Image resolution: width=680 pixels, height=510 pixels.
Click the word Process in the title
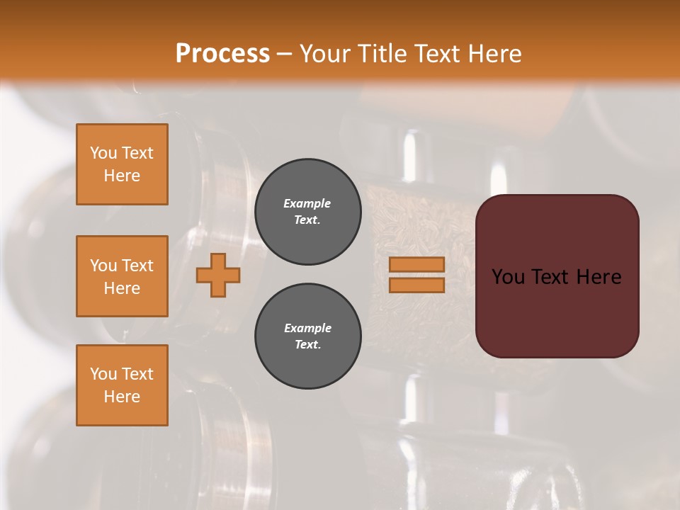pyautogui.click(x=222, y=54)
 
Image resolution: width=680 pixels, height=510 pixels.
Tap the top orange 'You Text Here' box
pyautogui.click(x=122, y=164)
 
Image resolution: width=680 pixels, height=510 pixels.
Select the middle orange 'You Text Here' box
pyautogui.click(x=122, y=276)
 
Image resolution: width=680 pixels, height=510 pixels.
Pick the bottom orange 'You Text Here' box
pyautogui.click(x=122, y=385)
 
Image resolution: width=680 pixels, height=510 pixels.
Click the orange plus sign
pyautogui.click(x=218, y=275)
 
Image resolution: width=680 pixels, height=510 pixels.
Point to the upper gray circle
pyautogui.click(x=307, y=212)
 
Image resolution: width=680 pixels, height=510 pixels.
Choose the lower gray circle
pyautogui.click(x=307, y=336)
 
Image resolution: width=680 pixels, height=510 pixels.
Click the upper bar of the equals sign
pyautogui.click(x=416, y=264)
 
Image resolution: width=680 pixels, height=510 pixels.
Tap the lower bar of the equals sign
pyautogui.click(x=416, y=285)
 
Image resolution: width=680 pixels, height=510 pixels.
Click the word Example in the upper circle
pyautogui.click(x=307, y=203)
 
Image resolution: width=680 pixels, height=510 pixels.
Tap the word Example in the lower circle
pyautogui.click(x=307, y=328)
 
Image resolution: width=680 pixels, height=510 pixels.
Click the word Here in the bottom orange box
pyautogui.click(x=122, y=397)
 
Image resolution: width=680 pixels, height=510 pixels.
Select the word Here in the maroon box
pyautogui.click(x=599, y=277)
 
